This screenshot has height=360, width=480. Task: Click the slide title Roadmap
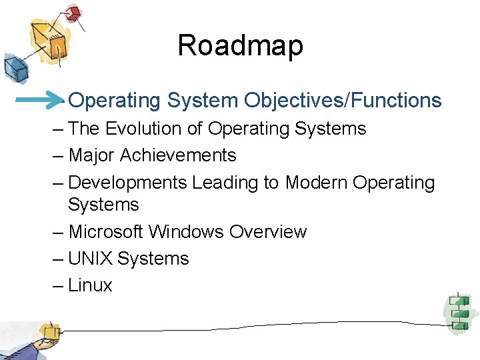(x=240, y=46)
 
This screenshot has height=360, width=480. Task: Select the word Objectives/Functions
(x=343, y=101)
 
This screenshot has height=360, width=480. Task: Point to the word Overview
(x=268, y=232)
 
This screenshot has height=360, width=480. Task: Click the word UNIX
(x=90, y=259)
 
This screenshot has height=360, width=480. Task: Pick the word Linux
(x=91, y=285)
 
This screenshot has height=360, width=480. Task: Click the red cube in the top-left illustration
(x=73, y=13)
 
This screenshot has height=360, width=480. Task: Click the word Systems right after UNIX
(x=153, y=259)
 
